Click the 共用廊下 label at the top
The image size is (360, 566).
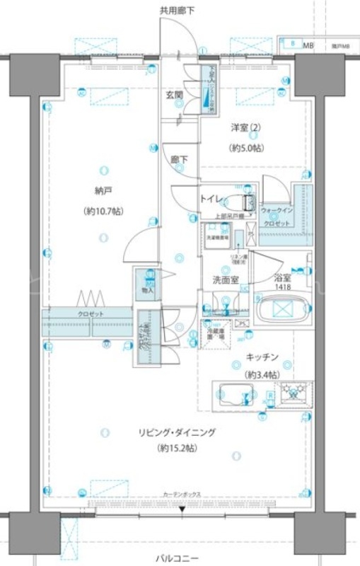pos(177,10)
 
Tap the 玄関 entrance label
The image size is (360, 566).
pos(175,96)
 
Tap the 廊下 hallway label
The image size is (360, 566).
pos(179,160)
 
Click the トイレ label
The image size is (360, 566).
pos(211,199)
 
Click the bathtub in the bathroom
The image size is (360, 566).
pos(281,309)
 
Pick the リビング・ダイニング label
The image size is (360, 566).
pos(177,432)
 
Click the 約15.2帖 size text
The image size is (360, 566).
pos(177,449)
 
